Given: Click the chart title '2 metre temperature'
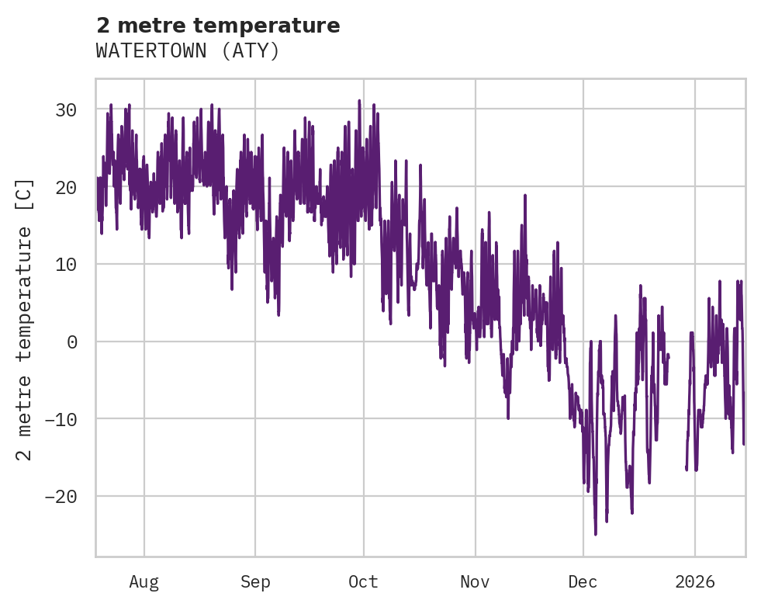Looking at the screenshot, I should (218, 26).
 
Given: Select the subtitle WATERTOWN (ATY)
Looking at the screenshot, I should (187, 51).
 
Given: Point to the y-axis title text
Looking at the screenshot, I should (25, 319).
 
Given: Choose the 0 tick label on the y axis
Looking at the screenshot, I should (71, 342).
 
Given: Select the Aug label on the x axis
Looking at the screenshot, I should (144, 582).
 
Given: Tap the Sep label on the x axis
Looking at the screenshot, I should (255, 582).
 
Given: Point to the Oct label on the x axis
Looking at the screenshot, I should (363, 582).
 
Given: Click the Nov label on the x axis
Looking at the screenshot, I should (475, 582).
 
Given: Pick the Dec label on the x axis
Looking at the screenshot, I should (583, 582).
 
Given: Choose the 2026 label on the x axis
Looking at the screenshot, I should (694, 582).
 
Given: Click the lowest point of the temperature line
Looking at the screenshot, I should (596, 534).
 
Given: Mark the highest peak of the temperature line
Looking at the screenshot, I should (359, 101).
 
